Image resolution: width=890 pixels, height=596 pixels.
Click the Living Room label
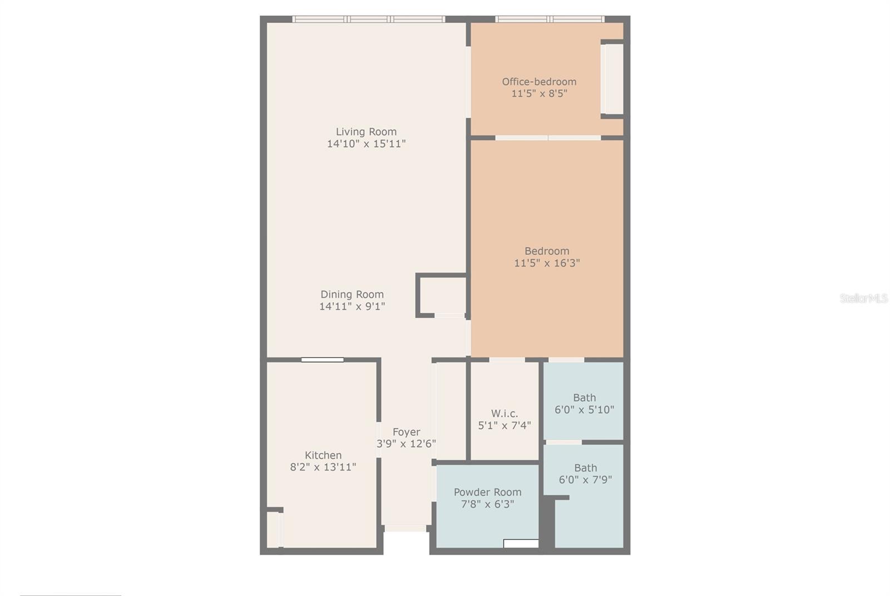(x=366, y=132)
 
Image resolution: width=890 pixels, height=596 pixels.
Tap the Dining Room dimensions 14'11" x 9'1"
(x=352, y=306)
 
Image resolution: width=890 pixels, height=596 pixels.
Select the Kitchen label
(x=323, y=455)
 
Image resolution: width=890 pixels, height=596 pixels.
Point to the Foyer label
(x=406, y=432)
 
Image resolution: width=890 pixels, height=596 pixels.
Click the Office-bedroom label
(x=539, y=82)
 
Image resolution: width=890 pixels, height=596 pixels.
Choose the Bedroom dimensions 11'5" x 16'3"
(x=547, y=263)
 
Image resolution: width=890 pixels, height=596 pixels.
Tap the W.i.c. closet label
(x=505, y=414)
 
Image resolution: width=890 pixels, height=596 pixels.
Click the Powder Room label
(x=487, y=492)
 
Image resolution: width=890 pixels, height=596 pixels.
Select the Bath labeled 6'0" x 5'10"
(x=584, y=404)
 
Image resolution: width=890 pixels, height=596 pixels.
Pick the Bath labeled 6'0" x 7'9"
(x=585, y=474)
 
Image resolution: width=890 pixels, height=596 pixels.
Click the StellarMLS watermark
(x=863, y=299)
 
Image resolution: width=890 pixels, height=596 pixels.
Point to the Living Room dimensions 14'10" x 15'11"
(x=366, y=144)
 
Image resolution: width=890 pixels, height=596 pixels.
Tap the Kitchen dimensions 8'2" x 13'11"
(x=323, y=467)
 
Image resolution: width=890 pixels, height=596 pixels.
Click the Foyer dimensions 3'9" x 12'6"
(x=406, y=444)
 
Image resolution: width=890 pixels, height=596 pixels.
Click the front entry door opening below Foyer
(x=406, y=528)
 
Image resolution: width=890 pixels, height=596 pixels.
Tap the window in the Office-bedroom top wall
(x=550, y=19)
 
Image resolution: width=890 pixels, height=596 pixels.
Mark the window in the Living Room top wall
(x=369, y=19)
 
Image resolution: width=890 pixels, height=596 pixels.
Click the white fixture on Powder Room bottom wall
(x=521, y=543)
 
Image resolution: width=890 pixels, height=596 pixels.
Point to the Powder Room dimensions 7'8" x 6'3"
(x=487, y=504)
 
